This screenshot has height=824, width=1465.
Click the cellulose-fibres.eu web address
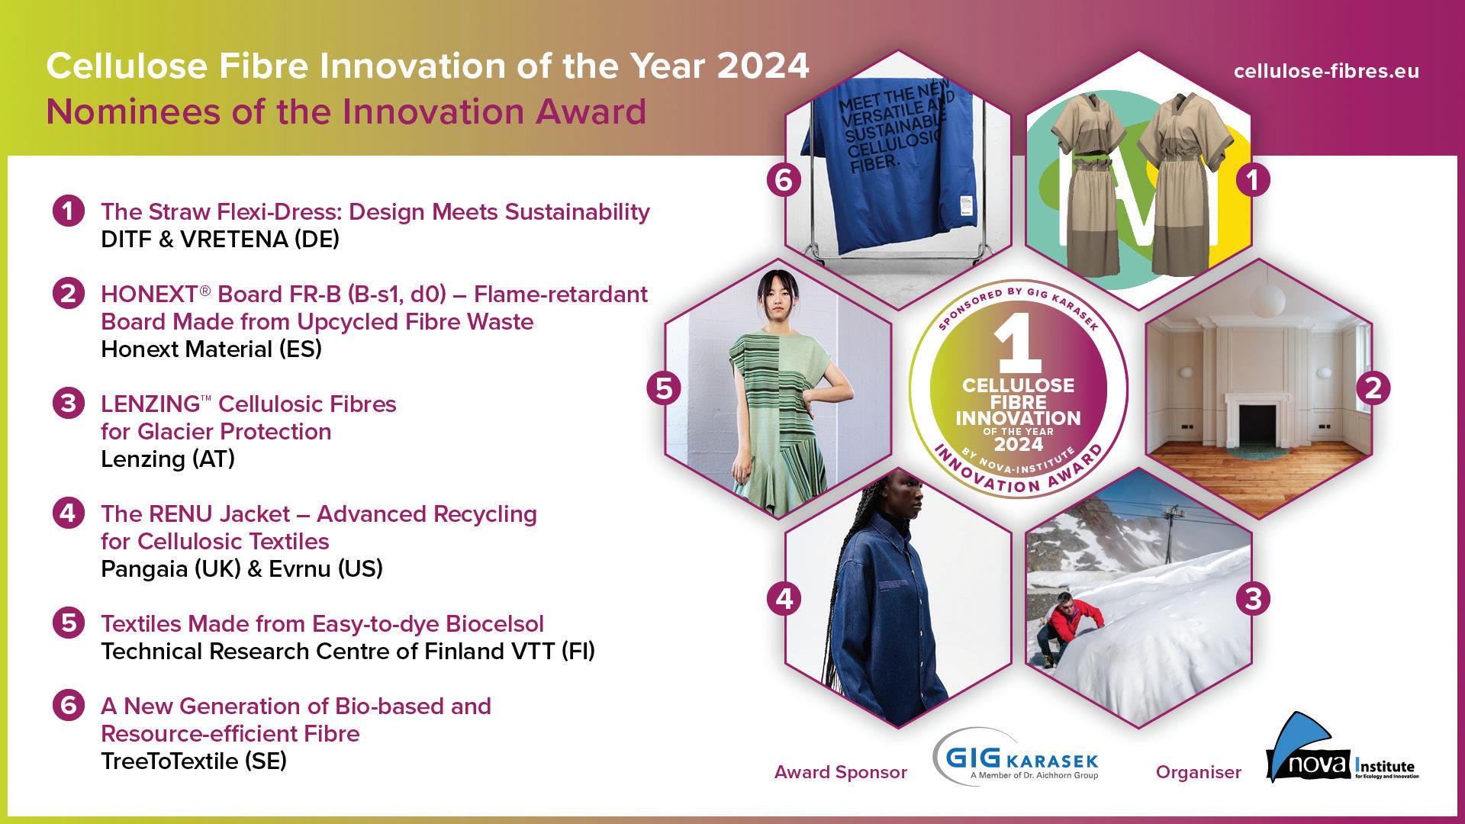(1326, 71)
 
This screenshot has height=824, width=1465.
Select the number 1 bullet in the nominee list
(69, 211)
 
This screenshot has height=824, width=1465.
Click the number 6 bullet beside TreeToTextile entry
(69, 706)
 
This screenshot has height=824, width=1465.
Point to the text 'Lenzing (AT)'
(168, 459)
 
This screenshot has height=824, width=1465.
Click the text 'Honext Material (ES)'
(211, 349)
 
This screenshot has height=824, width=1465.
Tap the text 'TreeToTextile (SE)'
(194, 761)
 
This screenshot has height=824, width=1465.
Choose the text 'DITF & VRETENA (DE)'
(220, 240)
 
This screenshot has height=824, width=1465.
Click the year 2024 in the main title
(763, 66)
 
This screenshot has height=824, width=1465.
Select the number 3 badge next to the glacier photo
(1253, 599)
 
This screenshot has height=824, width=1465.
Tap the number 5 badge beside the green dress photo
(664, 388)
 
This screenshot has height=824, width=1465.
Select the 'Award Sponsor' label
(841, 772)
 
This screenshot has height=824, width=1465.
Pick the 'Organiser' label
(1199, 772)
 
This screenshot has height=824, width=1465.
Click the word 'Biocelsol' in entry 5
(494, 624)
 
